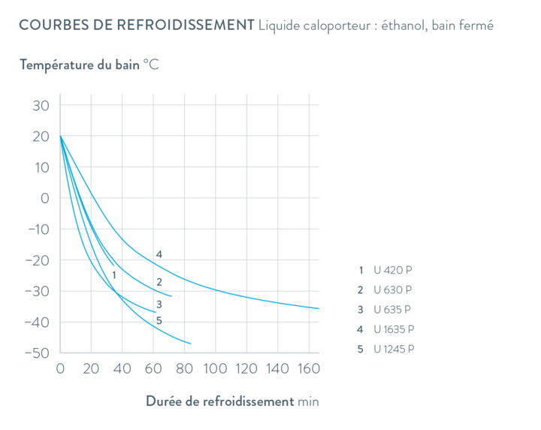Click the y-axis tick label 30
(x=40, y=105)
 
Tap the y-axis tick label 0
(x=44, y=198)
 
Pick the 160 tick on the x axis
(x=307, y=369)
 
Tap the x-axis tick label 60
(x=153, y=369)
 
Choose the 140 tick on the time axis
(x=277, y=369)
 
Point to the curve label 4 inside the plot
(x=159, y=254)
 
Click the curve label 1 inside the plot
(x=113, y=275)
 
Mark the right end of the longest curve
(x=320, y=308)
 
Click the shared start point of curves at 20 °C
(x=60, y=136)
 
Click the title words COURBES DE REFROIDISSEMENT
(x=135, y=25)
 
